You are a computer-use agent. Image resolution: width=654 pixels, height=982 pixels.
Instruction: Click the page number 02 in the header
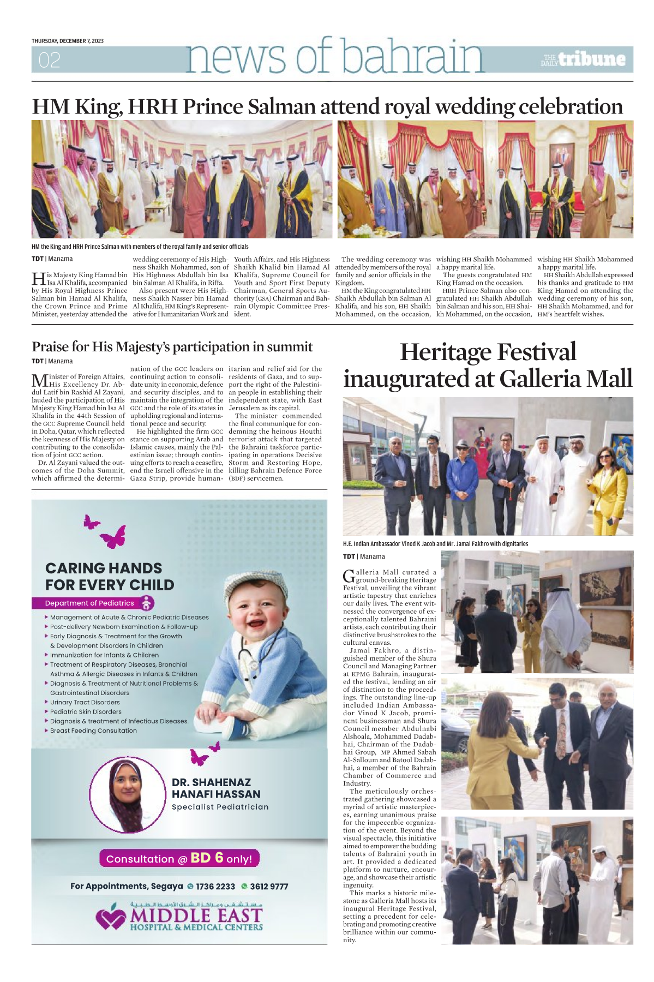point(49,60)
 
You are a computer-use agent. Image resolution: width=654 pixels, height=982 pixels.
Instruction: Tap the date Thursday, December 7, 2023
point(68,41)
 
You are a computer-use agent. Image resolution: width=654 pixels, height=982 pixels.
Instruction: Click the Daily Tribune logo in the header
point(583,59)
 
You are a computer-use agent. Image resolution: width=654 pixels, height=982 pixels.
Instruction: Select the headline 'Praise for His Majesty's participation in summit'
point(172,347)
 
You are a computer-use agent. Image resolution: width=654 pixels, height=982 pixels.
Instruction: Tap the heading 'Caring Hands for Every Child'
point(109,577)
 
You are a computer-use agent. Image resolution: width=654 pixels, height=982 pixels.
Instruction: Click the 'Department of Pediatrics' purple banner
point(90,603)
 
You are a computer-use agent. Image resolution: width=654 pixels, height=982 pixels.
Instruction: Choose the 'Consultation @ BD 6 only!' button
point(179,859)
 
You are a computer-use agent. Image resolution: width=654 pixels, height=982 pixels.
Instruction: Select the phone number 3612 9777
point(269,887)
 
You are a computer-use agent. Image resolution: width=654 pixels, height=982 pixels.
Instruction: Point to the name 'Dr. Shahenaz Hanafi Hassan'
point(216,788)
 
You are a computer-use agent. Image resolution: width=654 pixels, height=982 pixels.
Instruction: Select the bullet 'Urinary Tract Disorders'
point(85,702)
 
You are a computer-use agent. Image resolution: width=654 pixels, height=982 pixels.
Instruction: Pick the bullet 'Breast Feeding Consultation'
point(93,730)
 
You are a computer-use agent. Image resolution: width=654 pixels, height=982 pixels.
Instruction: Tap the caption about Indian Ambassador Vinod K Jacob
point(435,544)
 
